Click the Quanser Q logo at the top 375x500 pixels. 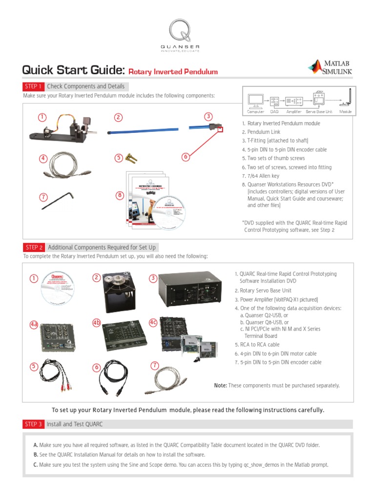click(x=184, y=31)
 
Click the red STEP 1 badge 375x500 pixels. click(x=34, y=86)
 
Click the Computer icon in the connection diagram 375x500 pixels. click(x=255, y=101)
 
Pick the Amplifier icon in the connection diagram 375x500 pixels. click(x=294, y=101)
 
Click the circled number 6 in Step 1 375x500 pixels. click(x=185, y=157)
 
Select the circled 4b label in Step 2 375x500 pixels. click(x=96, y=323)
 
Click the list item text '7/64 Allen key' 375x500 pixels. click(x=263, y=176)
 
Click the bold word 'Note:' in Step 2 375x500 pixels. click(x=220, y=386)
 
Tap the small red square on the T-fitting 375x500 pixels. click(x=220, y=129)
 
